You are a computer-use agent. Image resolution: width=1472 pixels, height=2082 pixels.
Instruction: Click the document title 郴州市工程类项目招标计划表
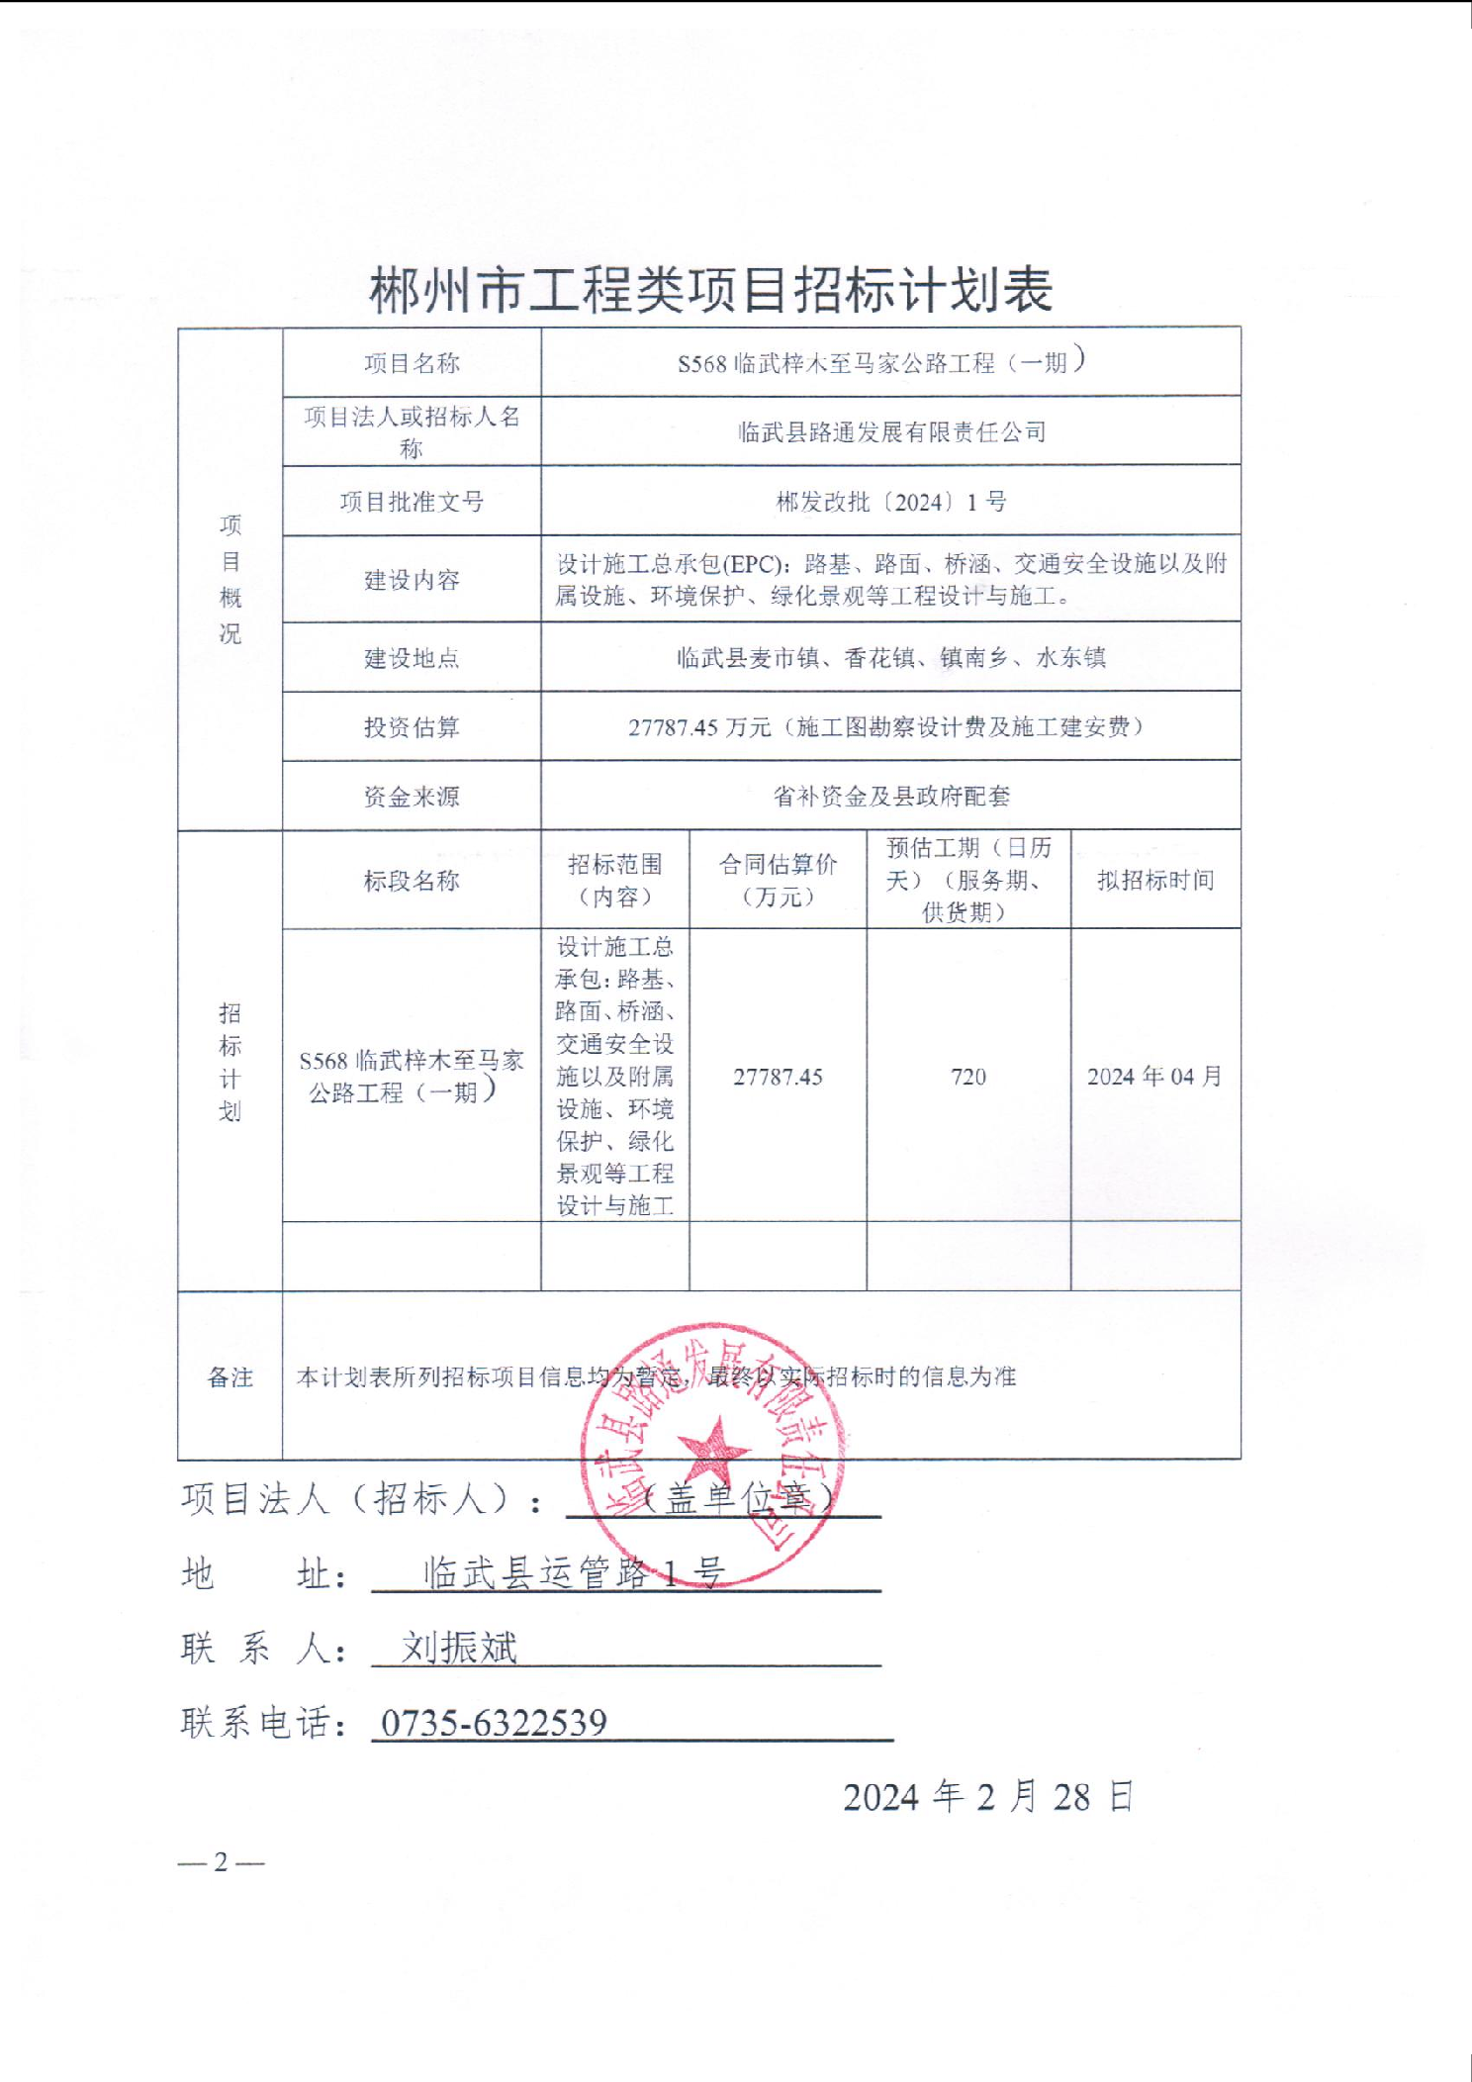coord(710,290)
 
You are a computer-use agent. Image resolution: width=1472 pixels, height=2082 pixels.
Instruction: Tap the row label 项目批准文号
coord(412,502)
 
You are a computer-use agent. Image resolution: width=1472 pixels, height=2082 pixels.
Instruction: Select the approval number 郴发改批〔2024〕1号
coord(890,502)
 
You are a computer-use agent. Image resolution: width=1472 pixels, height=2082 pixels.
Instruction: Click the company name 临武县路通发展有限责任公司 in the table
coord(891,431)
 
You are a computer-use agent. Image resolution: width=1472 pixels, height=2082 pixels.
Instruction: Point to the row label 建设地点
coord(412,658)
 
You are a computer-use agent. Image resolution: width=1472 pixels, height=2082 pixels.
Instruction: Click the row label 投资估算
coord(412,727)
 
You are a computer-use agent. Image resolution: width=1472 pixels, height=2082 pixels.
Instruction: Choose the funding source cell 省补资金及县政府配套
coord(891,796)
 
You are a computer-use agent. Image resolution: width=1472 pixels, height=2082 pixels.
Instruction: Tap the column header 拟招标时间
coord(1155,880)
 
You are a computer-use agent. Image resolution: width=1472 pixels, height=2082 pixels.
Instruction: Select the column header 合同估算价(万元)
coord(778,880)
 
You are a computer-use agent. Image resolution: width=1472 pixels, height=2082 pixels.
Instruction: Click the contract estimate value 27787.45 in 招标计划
coord(778,1077)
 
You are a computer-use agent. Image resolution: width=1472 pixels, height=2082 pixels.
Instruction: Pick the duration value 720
coord(968,1077)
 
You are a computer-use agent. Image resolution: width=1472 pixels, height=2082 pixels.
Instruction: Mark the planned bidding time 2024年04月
coord(1154,1077)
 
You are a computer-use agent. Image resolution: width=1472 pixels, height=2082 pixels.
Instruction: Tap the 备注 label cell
coord(230,1377)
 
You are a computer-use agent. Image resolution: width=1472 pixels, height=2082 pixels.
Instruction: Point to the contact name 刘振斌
coord(459,1648)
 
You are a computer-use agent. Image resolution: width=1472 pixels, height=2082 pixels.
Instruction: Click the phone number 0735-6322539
coord(494,1723)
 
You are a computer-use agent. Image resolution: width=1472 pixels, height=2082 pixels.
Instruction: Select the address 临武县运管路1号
coord(575,1573)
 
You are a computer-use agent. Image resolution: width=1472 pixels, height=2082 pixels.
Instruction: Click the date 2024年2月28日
coord(987,1796)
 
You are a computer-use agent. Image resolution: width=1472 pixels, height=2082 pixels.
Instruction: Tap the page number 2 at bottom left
coord(221,1862)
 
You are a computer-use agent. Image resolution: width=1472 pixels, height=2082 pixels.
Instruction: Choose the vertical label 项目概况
coord(230,579)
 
